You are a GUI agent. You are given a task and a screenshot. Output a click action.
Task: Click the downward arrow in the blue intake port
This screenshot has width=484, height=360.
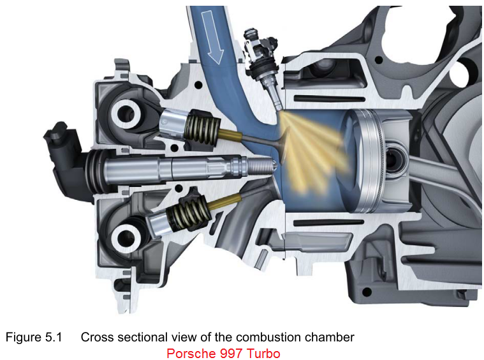point(212,37)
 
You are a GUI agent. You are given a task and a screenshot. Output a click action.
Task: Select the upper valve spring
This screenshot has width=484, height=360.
point(202,126)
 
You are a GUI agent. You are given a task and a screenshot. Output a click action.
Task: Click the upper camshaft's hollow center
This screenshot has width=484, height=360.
point(126,114)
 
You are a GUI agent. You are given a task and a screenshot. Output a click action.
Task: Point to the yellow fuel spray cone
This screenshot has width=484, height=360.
point(312,151)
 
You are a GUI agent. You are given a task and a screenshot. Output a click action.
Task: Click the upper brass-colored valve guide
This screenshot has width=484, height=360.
point(230,135)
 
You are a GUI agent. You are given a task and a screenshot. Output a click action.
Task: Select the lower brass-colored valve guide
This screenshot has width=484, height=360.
point(224,201)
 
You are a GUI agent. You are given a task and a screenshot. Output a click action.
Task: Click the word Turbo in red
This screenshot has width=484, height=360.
point(264,353)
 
